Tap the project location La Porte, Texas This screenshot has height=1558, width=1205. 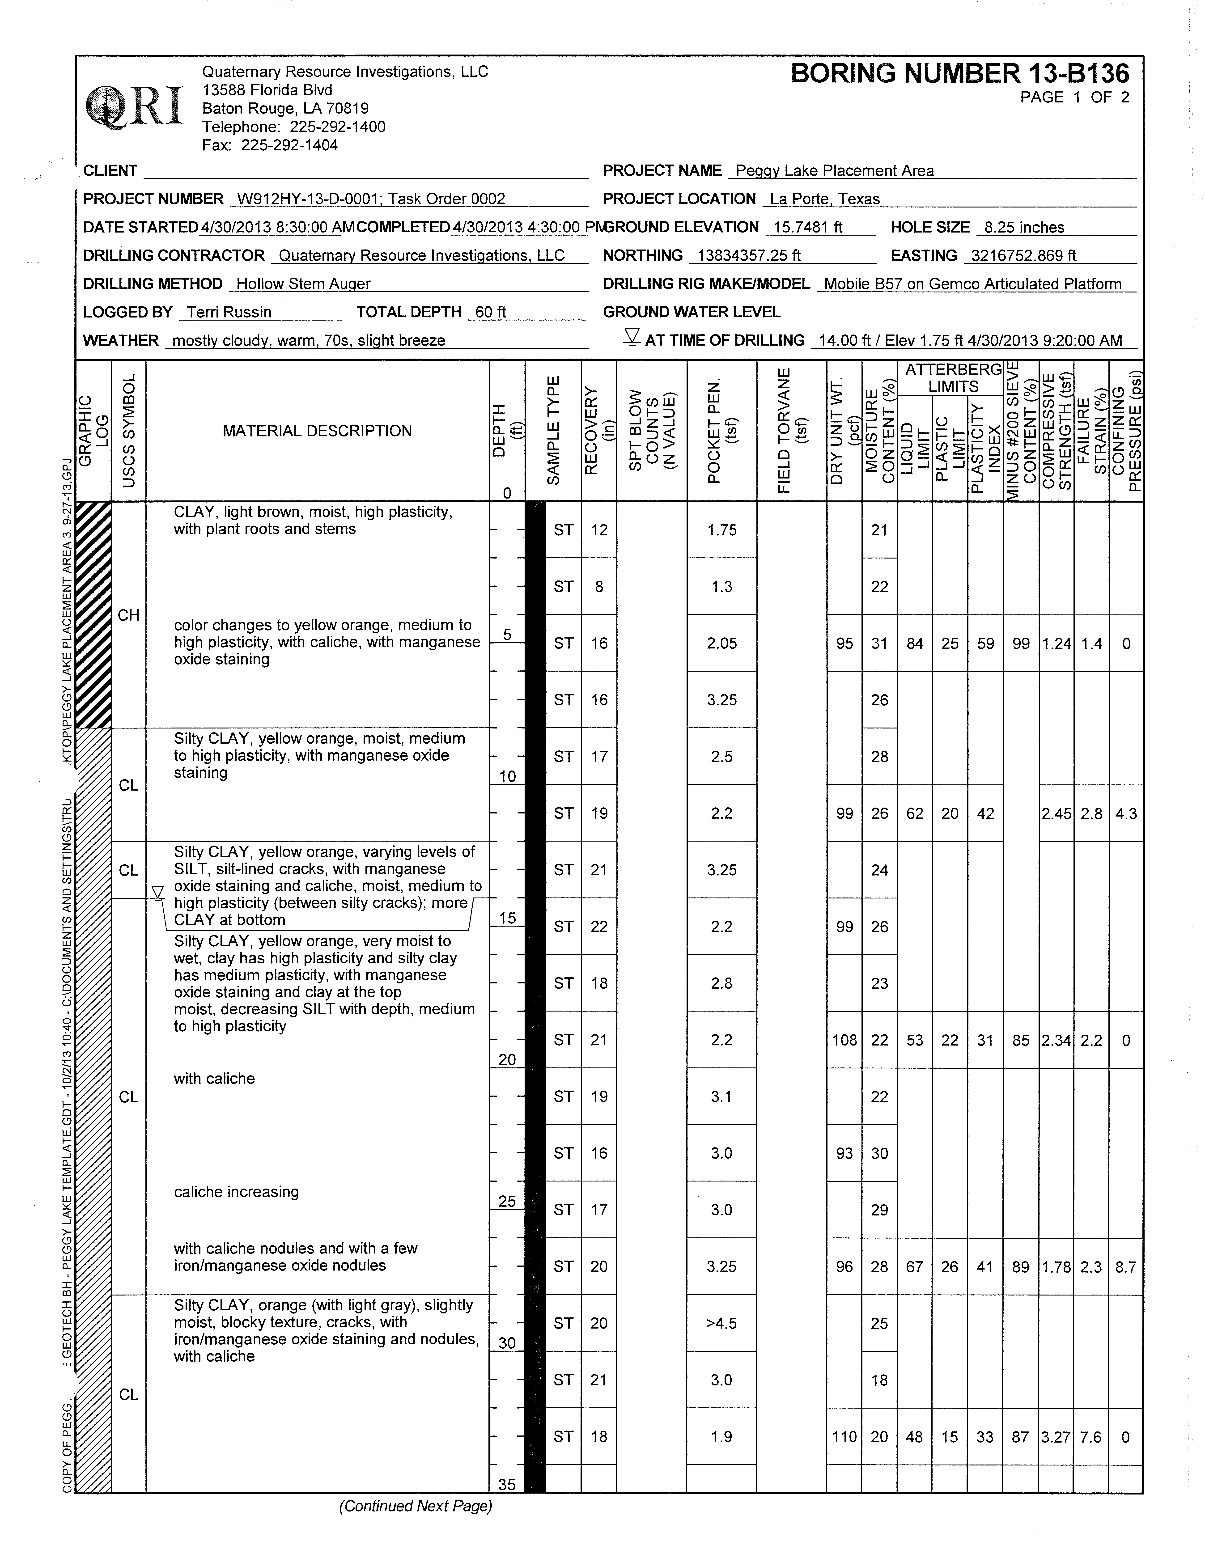point(825,199)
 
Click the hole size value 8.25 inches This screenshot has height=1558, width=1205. point(1023,228)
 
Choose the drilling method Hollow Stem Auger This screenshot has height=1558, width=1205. point(303,284)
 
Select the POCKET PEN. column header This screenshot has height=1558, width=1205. point(721,431)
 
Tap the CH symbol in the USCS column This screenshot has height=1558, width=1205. point(128,615)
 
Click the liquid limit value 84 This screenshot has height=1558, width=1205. point(915,644)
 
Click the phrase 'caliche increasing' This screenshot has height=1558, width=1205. point(236,1192)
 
